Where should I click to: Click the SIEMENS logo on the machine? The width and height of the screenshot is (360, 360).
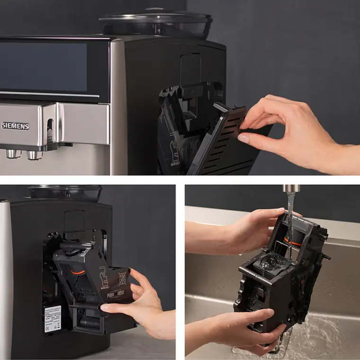point(15,126)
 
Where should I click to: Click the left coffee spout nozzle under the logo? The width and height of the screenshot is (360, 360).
point(11,153)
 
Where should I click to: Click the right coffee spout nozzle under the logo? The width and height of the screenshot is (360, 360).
point(32,154)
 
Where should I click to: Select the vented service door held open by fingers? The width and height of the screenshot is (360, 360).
point(223,142)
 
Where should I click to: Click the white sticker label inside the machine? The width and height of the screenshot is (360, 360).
point(52,318)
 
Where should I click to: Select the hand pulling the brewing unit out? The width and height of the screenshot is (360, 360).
point(142,303)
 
